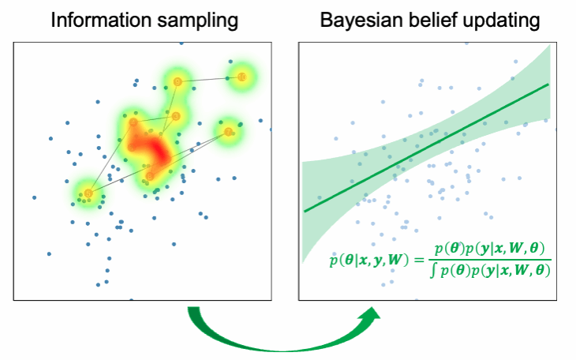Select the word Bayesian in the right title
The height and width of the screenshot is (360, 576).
pos(359,20)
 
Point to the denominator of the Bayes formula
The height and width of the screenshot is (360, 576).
pos(489,271)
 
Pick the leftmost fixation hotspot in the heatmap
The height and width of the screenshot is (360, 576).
pos(88,193)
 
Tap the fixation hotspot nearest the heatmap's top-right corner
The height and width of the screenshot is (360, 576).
pos(242,77)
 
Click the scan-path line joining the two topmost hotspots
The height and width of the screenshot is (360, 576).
pos(210,79)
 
